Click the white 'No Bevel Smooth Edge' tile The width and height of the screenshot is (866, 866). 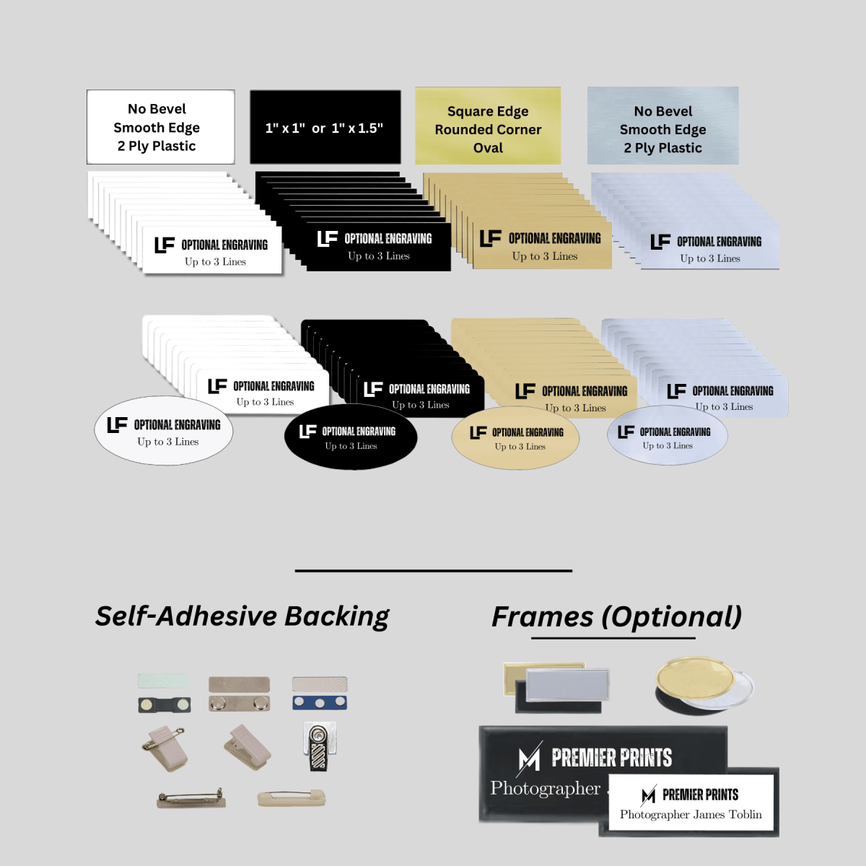pyautogui.click(x=160, y=127)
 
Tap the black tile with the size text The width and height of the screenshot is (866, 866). pyautogui.click(x=325, y=128)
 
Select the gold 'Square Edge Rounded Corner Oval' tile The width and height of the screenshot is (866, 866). pyautogui.click(x=488, y=127)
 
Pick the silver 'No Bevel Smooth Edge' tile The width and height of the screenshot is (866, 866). pyautogui.click(x=662, y=127)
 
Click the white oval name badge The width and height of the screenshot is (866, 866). pyautogui.click(x=164, y=431)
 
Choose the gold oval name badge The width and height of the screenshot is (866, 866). pyautogui.click(x=515, y=438)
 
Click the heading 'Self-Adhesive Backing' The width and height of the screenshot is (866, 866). pyautogui.click(x=242, y=616)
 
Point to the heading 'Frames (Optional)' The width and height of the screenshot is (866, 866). pyautogui.click(x=616, y=617)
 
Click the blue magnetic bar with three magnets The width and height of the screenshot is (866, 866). pyautogui.click(x=319, y=702)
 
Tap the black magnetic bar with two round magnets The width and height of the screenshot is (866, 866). pyautogui.click(x=165, y=704)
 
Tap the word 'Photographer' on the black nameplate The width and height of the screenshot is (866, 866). pyautogui.click(x=546, y=788)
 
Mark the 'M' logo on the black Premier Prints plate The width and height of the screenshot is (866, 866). pyautogui.click(x=530, y=757)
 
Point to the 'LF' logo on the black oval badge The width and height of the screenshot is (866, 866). pyautogui.click(x=308, y=431)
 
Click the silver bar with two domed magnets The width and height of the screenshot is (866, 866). pyautogui.click(x=239, y=702)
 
